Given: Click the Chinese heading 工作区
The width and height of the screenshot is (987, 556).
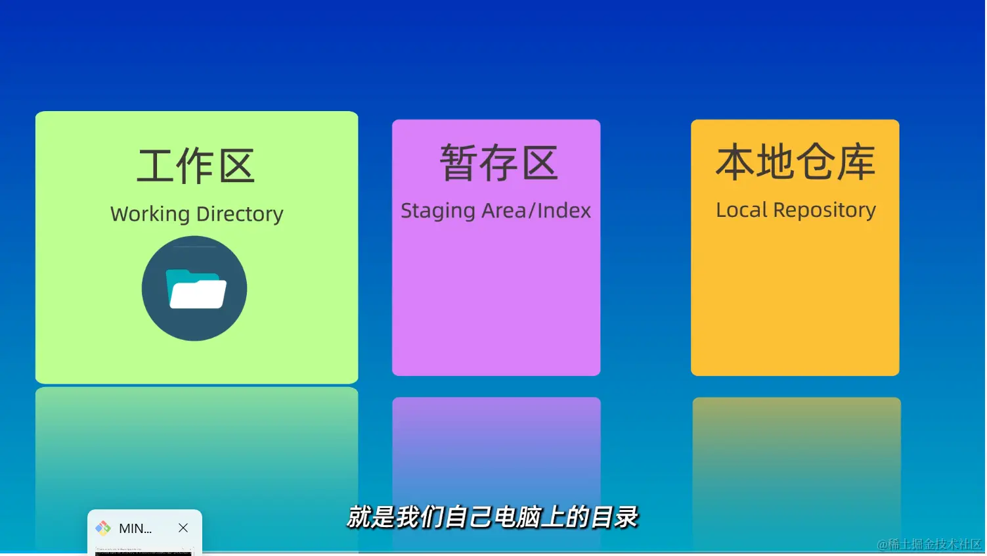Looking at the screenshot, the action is (x=196, y=166).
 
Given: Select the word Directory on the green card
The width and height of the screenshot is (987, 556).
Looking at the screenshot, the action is (x=240, y=214).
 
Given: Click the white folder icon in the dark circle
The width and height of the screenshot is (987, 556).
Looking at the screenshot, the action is (x=196, y=289).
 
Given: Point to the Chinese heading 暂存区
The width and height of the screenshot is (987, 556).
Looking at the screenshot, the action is (x=499, y=162).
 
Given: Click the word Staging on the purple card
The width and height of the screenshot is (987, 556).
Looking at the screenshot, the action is (x=438, y=211).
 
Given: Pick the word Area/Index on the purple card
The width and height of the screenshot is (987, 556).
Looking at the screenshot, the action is (x=536, y=210).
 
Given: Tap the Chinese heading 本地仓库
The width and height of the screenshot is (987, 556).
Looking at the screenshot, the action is (x=796, y=162).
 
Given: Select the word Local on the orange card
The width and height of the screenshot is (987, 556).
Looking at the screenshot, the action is (x=742, y=210).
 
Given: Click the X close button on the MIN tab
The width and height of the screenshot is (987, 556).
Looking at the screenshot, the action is (x=183, y=528).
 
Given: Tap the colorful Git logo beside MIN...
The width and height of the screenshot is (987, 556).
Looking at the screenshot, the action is (x=103, y=528).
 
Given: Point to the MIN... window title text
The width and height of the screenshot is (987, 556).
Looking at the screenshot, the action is (x=135, y=528).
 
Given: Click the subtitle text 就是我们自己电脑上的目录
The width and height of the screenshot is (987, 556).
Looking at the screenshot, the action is (x=492, y=517).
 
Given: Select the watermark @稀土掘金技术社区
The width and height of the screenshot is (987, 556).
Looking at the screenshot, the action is (x=929, y=545).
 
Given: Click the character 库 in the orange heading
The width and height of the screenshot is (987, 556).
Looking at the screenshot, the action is (x=856, y=162).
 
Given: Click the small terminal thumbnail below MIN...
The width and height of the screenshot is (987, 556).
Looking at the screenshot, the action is (x=144, y=551).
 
